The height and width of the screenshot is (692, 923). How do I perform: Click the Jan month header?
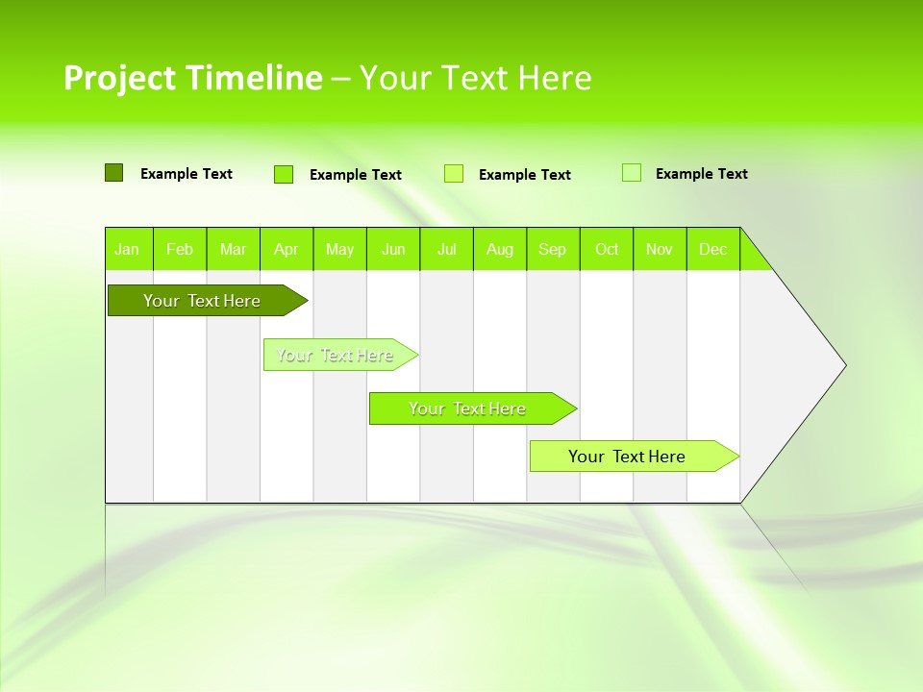coord(128,249)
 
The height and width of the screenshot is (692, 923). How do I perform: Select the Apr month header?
coord(287,249)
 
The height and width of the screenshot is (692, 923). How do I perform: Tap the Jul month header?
coord(447,249)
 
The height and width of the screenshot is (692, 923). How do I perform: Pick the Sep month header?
coord(553,249)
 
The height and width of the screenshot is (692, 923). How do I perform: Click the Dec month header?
coord(713,249)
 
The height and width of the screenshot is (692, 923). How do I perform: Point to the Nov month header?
coord(660,249)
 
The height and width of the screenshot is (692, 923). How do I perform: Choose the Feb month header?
coord(180,249)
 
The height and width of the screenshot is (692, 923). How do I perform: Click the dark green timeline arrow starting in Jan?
coord(202,301)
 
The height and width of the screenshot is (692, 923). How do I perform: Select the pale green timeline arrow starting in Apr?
coord(335,355)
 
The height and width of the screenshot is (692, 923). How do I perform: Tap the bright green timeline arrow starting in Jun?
coord(467,408)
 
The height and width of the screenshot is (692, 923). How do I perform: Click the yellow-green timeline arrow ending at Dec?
coord(627,457)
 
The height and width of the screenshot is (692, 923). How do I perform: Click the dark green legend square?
coord(113,173)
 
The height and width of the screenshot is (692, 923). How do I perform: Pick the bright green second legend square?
coord(284,174)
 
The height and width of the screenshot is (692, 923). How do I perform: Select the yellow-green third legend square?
coord(454,174)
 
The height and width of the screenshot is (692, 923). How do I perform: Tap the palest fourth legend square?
coord(632,173)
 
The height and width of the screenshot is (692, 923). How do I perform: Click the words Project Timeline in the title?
coord(192,78)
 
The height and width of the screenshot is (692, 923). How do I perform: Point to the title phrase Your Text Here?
coord(475,78)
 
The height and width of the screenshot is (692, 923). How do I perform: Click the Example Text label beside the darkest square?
coord(187,174)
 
